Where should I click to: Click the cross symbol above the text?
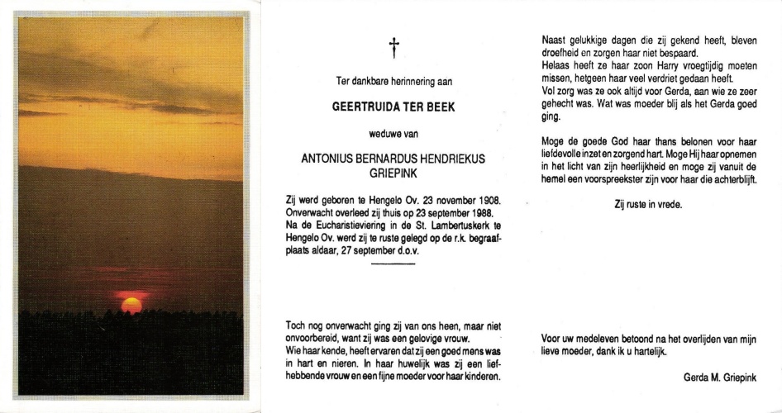394,49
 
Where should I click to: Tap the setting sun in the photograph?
131,305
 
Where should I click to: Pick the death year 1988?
481,213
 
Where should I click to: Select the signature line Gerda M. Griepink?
721,377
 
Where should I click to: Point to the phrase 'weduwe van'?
393,134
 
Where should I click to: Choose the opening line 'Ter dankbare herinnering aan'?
393,81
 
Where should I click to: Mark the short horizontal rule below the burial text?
393,263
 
